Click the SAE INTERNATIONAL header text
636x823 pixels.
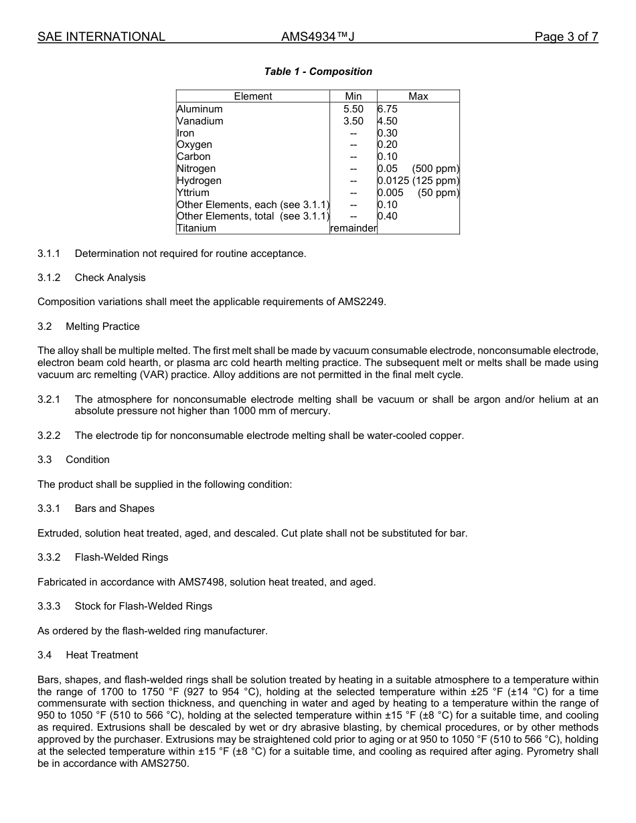click(101, 37)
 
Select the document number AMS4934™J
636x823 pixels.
click(317, 37)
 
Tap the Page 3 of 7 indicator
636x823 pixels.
click(566, 37)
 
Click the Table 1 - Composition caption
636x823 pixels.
click(318, 72)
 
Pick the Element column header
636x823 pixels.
click(253, 96)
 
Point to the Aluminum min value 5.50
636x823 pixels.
click(353, 109)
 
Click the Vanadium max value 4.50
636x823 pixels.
click(388, 121)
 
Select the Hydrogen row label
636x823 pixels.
click(199, 181)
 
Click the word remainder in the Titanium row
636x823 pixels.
click(353, 228)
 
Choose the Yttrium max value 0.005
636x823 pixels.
click(391, 193)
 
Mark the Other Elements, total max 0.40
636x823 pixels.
click(388, 216)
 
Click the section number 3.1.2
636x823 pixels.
click(49, 278)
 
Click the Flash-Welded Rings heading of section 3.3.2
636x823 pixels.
click(121, 557)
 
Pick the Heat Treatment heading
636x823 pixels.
click(102, 655)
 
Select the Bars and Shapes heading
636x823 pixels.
click(114, 509)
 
